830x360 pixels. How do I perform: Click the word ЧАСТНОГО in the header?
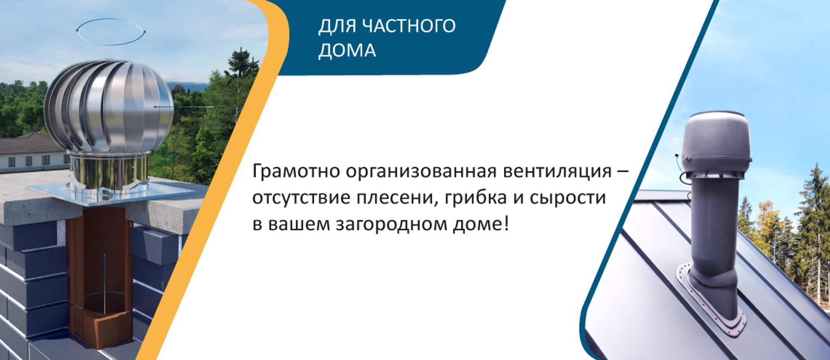click(x=408, y=26)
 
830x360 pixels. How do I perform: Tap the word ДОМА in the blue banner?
click(x=347, y=50)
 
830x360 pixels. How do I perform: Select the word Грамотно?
click(x=296, y=172)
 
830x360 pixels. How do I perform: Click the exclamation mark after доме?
click(x=506, y=224)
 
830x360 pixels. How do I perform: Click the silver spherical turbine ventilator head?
click(x=109, y=106)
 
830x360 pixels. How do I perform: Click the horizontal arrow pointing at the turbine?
click(x=184, y=106)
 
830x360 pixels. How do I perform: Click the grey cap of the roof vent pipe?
click(x=717, y=143)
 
